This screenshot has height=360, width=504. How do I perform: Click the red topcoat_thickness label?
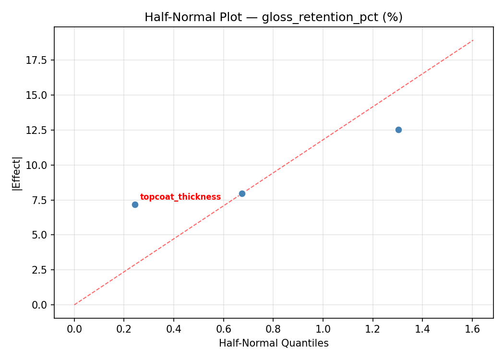[180, 197]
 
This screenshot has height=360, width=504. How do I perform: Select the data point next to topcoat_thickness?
[135, 204]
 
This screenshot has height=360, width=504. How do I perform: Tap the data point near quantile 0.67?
[242, 193]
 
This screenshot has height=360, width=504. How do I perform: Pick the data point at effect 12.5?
[398, 130]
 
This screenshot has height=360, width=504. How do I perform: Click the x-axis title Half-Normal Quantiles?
[274, 343]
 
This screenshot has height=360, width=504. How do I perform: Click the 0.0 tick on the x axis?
[74, 329]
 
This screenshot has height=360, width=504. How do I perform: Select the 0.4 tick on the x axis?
[174, 329]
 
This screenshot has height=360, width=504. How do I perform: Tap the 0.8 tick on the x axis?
[273, 329]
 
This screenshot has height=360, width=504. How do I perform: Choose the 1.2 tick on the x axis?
[372, 329]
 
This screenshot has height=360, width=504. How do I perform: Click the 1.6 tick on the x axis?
[472, 329]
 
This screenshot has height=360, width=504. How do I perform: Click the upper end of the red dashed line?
[473, 40]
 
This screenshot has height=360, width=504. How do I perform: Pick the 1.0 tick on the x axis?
[323, 329]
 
